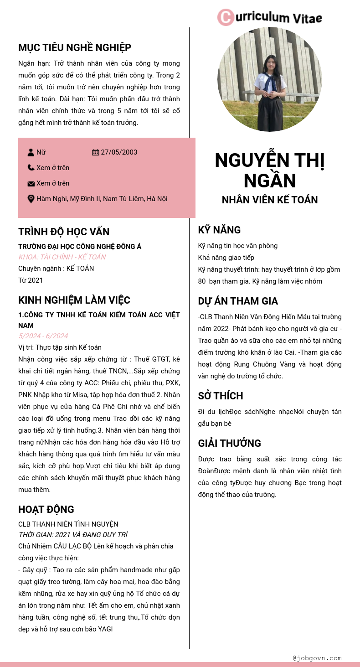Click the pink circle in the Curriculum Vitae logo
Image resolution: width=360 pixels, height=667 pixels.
click(225, 17)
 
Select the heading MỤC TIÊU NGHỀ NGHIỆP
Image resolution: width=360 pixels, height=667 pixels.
click(75, 48)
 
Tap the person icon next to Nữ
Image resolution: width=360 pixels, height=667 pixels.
click(31, 152)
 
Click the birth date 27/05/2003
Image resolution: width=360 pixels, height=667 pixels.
click(119, 152)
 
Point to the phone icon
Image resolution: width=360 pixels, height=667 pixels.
click(31, 168)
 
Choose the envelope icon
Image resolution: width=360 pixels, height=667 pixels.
click(31, 183)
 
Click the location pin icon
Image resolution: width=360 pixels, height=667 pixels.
click(31, 199)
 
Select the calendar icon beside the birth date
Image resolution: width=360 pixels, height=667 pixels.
click(95, 152)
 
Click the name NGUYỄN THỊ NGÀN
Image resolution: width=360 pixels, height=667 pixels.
click(270, 170)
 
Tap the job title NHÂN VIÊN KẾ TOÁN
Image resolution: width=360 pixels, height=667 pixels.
click(270, 200)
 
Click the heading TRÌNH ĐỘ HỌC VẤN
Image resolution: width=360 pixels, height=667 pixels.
click(64, 232)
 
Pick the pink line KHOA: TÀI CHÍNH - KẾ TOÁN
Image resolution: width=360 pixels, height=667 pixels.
click(62, 257)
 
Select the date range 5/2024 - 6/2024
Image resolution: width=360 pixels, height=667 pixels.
click(43, 336)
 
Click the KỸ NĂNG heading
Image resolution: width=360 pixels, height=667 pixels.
click(219, 230)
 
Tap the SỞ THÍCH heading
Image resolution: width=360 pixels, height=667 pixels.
click(221, 396)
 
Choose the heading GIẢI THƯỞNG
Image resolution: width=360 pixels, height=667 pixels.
click(230, 443)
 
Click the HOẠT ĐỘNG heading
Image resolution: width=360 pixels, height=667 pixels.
click(46, 509)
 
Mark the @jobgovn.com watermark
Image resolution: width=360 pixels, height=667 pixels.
click(317, 658)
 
